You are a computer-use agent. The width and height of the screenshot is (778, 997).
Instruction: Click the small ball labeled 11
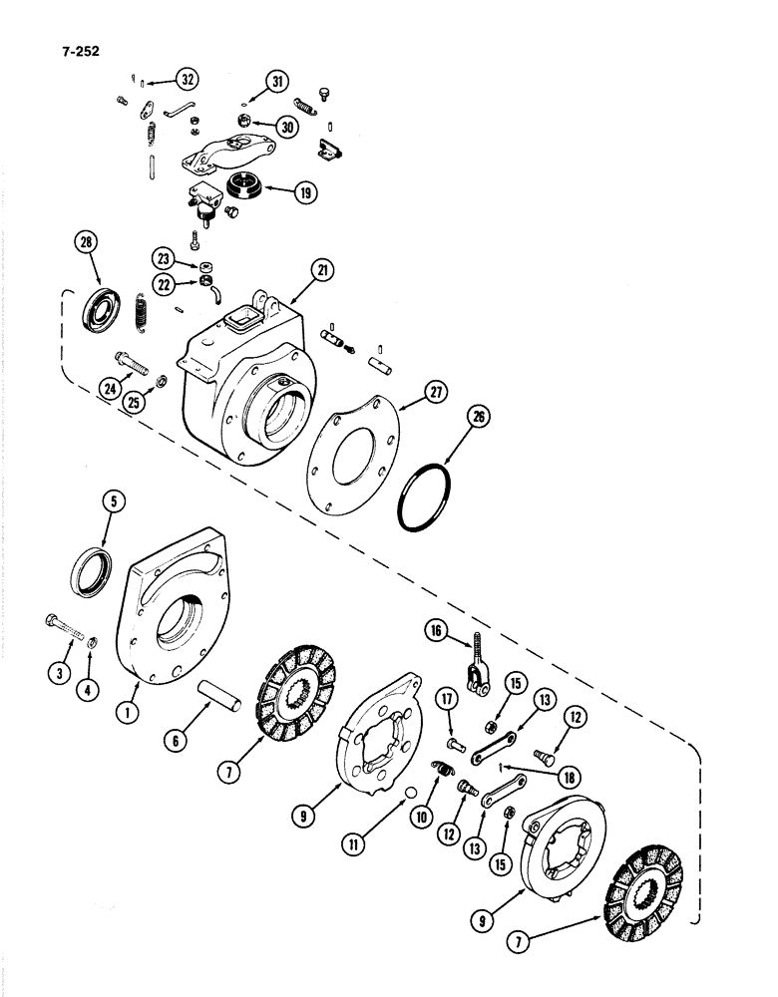click(x=410, y=794)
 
